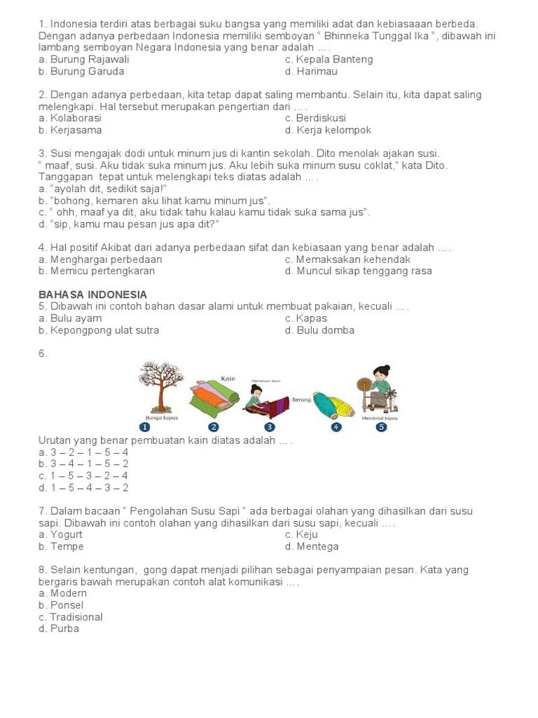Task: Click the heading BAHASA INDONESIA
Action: [92, 294]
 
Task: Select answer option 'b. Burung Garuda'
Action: [81, 72]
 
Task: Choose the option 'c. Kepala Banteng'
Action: [329, 60]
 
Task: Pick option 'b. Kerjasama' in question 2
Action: [70, 130]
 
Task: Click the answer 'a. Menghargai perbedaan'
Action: [100, 259]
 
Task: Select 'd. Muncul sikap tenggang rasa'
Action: [358, 271]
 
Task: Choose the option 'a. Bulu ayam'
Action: [70, 318]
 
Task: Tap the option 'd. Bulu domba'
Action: [319, 330]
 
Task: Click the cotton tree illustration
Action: [160, 386]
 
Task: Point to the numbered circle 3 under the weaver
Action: [270, 426]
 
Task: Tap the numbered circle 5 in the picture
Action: [381, 426]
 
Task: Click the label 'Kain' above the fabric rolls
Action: [228, 379]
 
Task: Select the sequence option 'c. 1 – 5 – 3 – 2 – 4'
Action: [83, 476]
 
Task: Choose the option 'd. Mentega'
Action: [312, 547]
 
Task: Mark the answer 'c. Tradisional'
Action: [70, 617]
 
